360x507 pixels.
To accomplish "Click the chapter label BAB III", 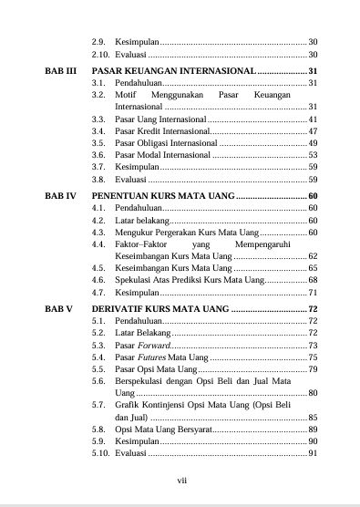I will click(60, 70).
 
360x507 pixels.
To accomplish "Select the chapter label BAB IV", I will click(60, 196).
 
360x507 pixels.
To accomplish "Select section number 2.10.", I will click(100, 55).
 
